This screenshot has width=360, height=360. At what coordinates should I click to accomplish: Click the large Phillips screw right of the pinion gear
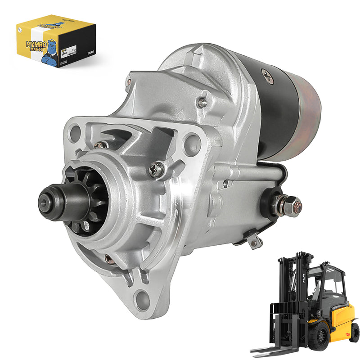pyautogui.click(x=157, y=170)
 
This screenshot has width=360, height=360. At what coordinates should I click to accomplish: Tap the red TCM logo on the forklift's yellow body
pyautogui.click(x=347, y=334)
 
